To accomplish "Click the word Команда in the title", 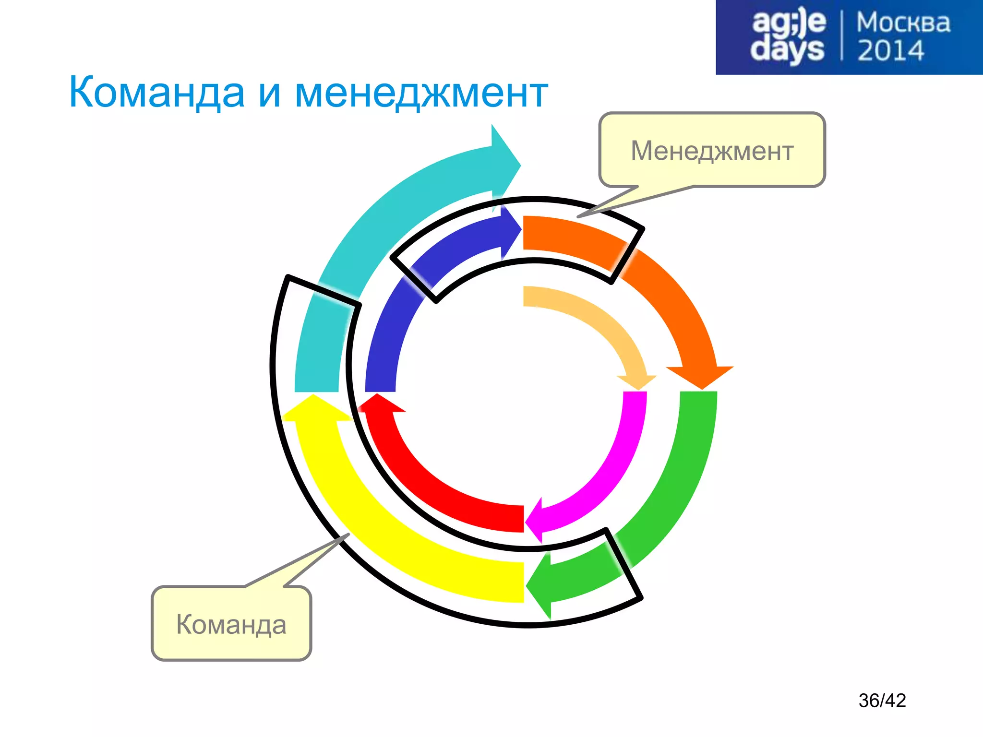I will pos(156,93).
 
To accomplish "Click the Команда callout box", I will pos(231,624).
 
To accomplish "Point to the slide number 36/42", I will pos(882,701).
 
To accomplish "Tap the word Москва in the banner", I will pos(903,23).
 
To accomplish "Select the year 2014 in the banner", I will pos(890,51).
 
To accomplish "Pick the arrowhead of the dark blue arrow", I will pos(511,230).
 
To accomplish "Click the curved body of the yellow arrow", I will pos(384,528).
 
